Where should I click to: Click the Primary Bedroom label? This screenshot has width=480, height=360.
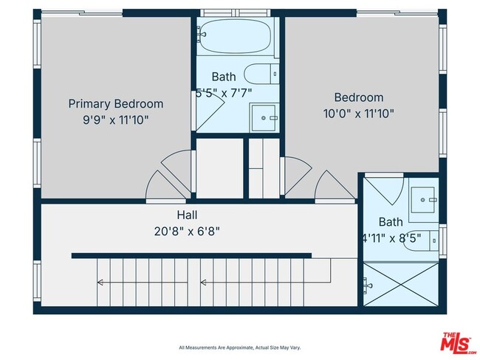click(116, 104)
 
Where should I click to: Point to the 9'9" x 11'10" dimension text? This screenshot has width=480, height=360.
click(116, 119)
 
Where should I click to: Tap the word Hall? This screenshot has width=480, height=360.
click(187, 215)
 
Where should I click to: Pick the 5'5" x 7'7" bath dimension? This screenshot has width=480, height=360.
click(224, 92)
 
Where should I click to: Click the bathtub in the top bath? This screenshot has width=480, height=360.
click(236, 37)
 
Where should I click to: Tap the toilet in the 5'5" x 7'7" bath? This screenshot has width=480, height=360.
click(261, 74)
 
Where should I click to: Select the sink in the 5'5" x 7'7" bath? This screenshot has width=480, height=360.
click(264, 117)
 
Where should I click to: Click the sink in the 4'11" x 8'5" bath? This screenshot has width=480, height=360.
click(424, 198)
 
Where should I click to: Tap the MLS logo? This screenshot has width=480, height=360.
click(458, 344)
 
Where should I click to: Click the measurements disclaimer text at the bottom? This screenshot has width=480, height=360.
click(239, 347)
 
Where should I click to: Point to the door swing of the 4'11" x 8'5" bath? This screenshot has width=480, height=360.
click(386, 190)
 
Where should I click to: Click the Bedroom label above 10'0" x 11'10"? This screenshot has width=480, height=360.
click(359, 97)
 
